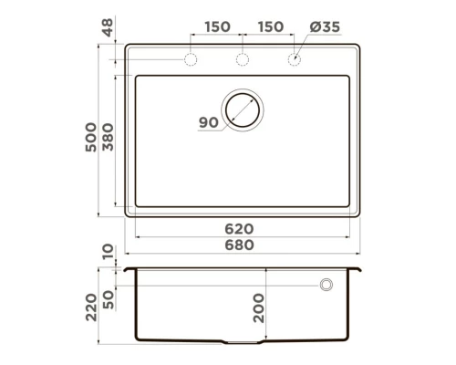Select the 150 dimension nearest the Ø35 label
pos(270,27)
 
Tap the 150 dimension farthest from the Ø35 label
pos(217,27)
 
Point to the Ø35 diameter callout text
pos(324,27)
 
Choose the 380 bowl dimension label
pos(108,137)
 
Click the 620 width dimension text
pos(240,229)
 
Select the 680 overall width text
pos(240,245)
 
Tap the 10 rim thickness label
pos(108,253)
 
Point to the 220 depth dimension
pos(91,308)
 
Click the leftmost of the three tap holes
pos(192,61)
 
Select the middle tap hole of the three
pos(243,61)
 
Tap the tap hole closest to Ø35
pos(295,61)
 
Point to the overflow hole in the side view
pos(326,286)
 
